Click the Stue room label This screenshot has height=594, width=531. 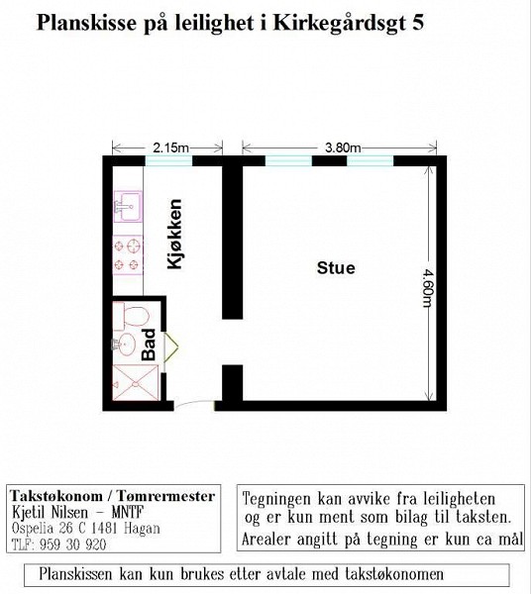click(336, 268)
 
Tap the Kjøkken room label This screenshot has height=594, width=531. click(174, 234)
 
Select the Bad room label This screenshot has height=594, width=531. click(149, 345)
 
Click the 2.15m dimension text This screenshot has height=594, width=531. click(170, 148)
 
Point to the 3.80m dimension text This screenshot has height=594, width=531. click(343, 148)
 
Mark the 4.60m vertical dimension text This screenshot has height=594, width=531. click(428, 288)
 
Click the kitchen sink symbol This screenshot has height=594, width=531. click(128, 206)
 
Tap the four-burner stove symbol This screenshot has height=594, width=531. click(128, 254)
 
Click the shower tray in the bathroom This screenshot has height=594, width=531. click(136, 382)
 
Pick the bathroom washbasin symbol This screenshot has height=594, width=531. click(124, 344)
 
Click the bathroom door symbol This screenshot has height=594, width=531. click(170, 347)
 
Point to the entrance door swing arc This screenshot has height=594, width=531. click(194, 404)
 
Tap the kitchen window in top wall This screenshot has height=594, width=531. click(168, 161)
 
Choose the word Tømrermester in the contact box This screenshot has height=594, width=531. click(165, 496)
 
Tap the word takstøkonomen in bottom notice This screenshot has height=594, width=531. click(394, 574)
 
